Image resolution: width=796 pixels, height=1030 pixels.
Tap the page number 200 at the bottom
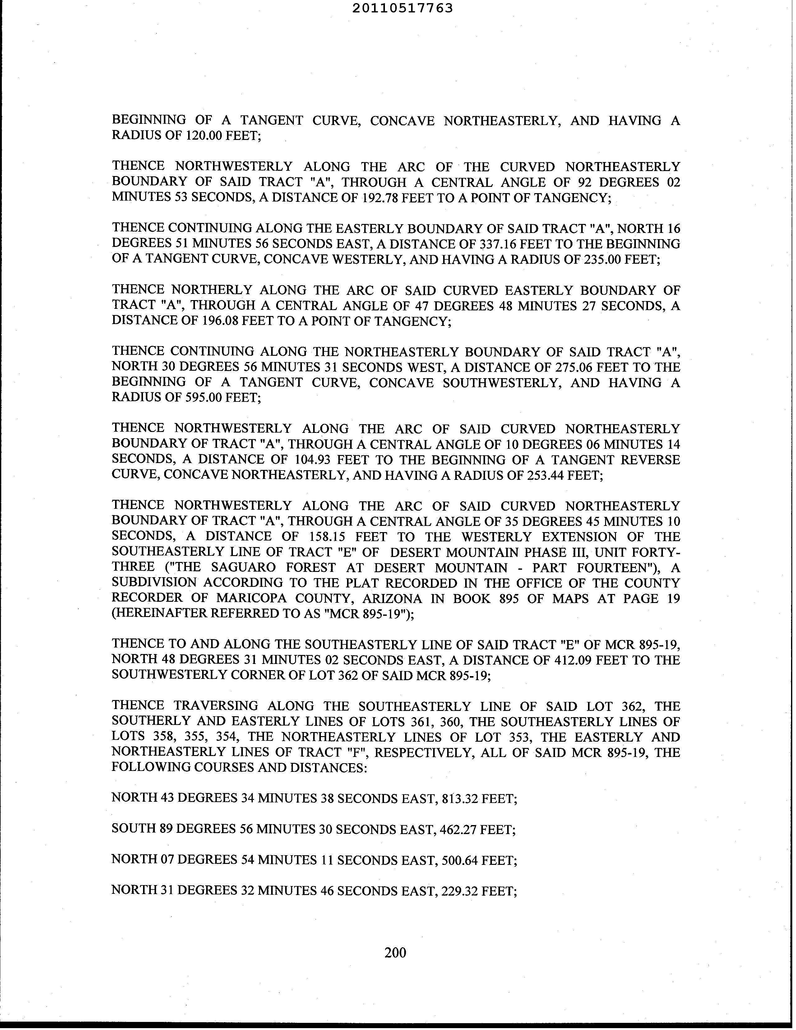point(395,953)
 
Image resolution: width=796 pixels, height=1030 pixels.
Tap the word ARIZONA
point(385,598)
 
